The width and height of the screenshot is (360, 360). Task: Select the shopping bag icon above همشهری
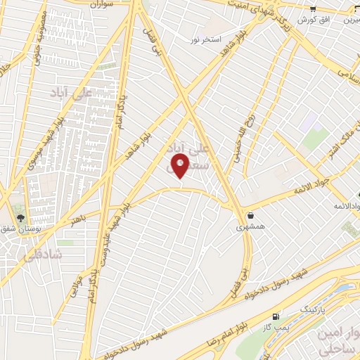click(x=251, y=215)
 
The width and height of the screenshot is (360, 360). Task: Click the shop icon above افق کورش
click(x=313, y=8)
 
